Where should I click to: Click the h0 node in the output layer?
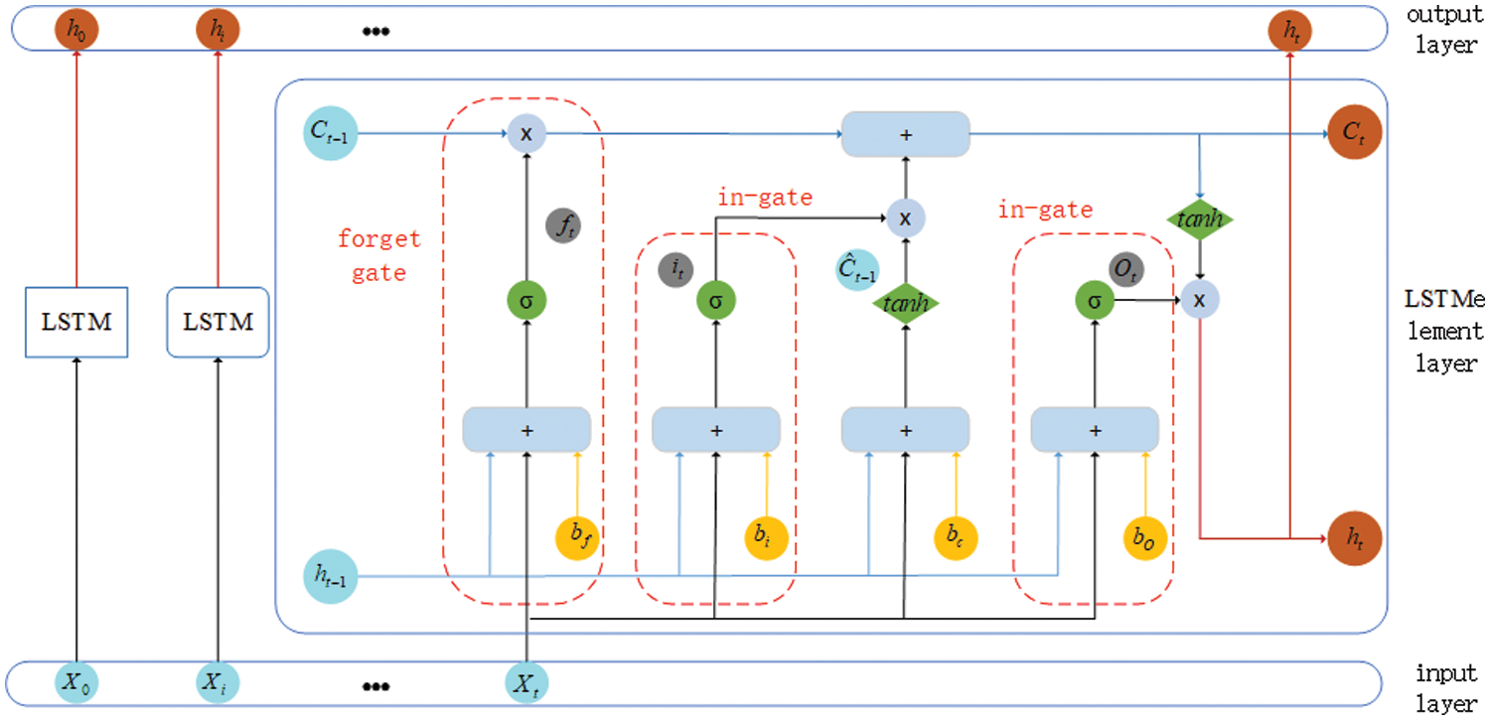click(76, 29)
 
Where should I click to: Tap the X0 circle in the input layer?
click(76, 682)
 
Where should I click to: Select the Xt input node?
click(526, 683)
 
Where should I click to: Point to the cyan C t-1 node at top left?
click(330, 133)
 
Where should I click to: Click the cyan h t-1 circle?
click(330, 576)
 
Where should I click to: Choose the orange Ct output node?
click(1354, 132)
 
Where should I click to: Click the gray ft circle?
click(563, 226)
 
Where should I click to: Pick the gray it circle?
click(675, 270)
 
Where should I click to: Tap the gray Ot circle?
click(1126, 269)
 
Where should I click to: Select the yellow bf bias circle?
click(577, 537)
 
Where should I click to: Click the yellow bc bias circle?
click(956, 537)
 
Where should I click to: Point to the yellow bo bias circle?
click(1144, 537)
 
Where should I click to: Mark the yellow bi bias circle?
click(766, 537)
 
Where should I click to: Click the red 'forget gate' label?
click(379, 256)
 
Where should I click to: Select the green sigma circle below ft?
click(526, 301)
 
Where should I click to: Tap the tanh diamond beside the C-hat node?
click(905, 303)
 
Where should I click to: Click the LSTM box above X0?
click(76, 322)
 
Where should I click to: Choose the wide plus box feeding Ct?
click(905, 134)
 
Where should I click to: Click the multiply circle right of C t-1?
click(526, 134)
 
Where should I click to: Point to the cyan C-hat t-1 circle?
click(857, 270)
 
